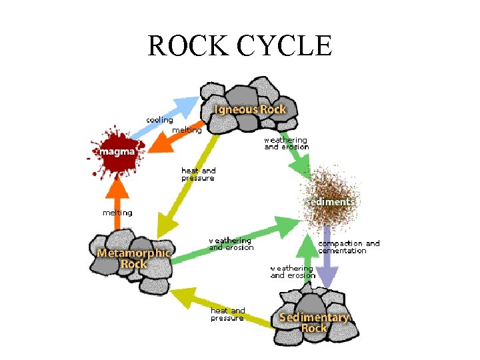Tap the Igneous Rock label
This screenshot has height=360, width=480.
click(x=250, y=109)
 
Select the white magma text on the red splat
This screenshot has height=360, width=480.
click(x=117, y=152)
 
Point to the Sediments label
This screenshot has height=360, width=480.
click(x=330, y=201)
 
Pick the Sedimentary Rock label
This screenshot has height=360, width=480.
click(x=314, y=323)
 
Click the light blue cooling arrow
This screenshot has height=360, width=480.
click(x=171, y=115)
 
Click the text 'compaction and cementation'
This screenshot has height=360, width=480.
click(x=348, y=247)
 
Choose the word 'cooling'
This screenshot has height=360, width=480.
click(x=159, y=120)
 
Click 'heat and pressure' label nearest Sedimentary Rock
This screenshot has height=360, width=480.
click(x=227, y=314)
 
